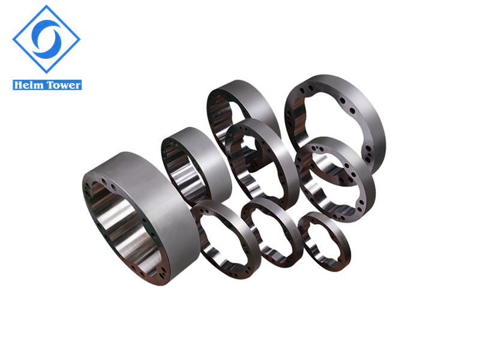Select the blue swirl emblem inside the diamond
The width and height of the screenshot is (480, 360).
pyautogui.click(x=47, y=39)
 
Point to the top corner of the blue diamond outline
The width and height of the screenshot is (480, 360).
pyautogui.click(x=47, y=5)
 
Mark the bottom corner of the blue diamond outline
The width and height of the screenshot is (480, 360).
pyautogui.click(x=47, y=73)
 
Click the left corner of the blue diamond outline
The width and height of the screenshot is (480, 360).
pyautogui.click(x=13, y=39)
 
